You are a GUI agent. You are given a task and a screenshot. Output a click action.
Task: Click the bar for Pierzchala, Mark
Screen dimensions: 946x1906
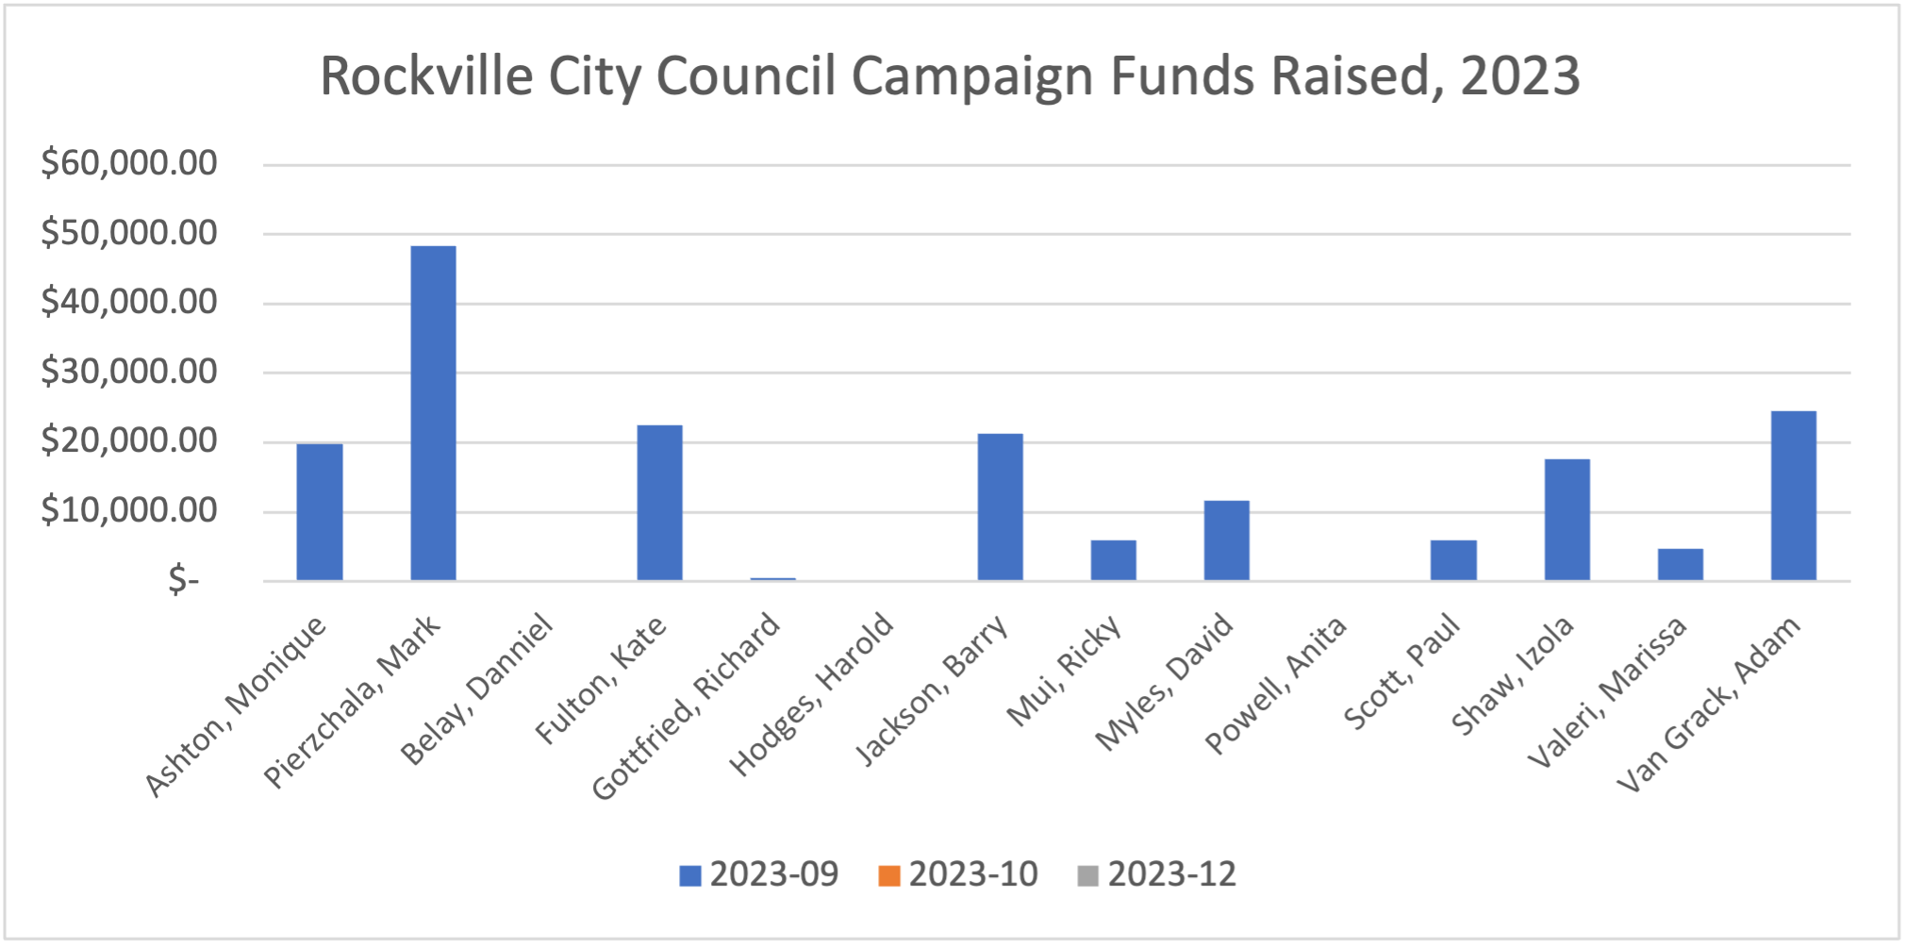tap(433, 413)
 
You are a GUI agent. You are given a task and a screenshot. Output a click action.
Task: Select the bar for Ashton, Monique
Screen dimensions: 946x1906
tap(320, 512)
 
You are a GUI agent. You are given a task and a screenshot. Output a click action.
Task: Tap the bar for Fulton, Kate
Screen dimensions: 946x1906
tap(659, 503)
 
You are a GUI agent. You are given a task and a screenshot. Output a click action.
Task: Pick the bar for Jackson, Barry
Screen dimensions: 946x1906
tap(1000, 507)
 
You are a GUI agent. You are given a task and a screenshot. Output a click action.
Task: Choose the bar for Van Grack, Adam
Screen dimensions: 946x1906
tap(1793, 496)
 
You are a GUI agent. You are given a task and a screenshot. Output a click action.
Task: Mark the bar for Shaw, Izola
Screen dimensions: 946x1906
tap(1566, 520)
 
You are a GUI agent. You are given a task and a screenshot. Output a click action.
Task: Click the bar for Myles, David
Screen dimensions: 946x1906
tap(1226, 540)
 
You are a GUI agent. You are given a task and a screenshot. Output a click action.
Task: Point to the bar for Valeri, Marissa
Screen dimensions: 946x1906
tap(1680, 564)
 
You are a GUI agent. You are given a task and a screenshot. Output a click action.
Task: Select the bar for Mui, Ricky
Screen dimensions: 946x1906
tap(1113, 560)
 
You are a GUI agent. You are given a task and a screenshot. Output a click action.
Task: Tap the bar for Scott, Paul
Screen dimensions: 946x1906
tap(1453, 560)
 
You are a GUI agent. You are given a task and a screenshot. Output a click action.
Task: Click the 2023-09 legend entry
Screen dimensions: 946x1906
tap(759, 874)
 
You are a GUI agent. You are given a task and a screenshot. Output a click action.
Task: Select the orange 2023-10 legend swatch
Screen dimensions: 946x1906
tap(888, 875)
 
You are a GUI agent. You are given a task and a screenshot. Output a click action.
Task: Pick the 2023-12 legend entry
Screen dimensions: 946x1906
tap(1157, 874)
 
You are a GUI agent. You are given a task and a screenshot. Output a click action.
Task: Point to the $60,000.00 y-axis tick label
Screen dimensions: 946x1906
tap(129, 163)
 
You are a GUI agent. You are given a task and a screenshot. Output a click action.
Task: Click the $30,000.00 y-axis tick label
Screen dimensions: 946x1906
tap(129, 372)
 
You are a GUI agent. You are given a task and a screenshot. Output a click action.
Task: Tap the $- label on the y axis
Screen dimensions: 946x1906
tap(183, 580)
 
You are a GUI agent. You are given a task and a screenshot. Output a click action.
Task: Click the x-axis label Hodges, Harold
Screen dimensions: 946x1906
tap(812, 693)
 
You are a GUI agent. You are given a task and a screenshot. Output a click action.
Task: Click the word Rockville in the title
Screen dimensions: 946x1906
tap(426, 75)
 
